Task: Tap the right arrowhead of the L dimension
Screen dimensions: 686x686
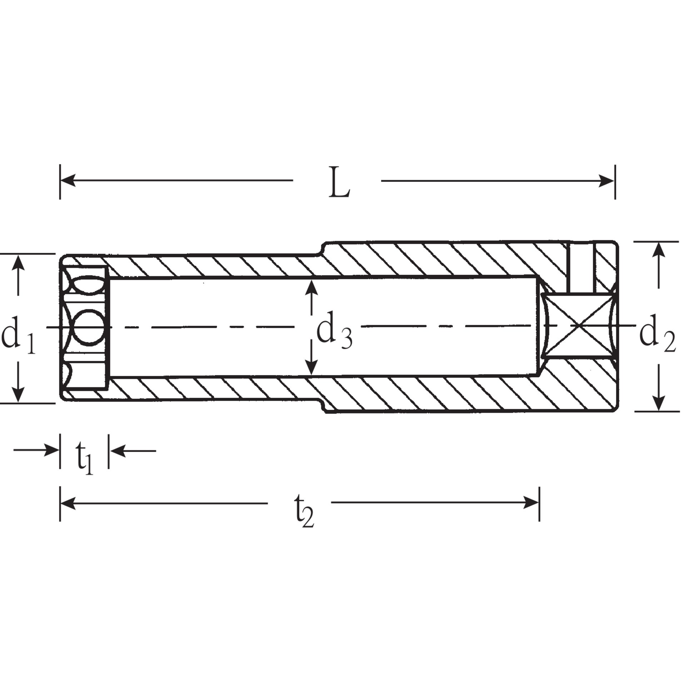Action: (x=606, y=181)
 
